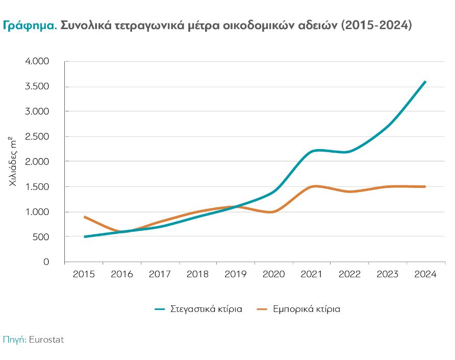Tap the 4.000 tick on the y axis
pos(36,61)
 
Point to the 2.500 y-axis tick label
pos(36,136)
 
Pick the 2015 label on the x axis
pos(84,274)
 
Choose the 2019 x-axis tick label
pos(236,274)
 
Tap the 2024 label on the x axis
pos(425,274)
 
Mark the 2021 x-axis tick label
pos(312,274)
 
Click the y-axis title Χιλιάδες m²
pos(14,161)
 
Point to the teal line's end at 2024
pos(425,82)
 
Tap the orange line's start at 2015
pos(85,217)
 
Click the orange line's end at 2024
pos(425,186)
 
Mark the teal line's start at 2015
pos(85,237)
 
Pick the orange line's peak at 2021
pos(315,186)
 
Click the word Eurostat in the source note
pos(47,339)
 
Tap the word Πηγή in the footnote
pos(14,339)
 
